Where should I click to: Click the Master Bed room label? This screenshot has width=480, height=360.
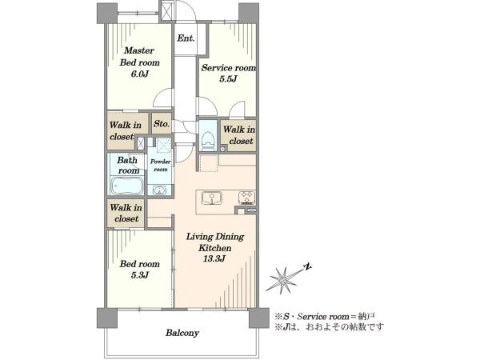point(139,62)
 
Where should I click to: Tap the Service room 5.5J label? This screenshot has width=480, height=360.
point(228,74)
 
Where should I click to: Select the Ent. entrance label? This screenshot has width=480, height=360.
point(186,38)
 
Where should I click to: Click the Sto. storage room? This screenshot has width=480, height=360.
point(162,123)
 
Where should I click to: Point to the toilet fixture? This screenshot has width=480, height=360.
point(208,141)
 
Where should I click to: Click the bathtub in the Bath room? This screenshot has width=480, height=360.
point(127,186)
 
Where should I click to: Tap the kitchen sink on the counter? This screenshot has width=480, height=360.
point(212,198)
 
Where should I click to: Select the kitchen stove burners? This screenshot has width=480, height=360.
point(246,198)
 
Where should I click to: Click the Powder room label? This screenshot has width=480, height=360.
point(161,166)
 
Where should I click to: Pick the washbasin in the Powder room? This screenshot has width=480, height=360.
point(159,190)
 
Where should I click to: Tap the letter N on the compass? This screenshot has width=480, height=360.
point(307,267)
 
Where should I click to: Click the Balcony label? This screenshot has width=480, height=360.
point(182,333)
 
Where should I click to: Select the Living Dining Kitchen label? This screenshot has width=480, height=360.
point(215,242)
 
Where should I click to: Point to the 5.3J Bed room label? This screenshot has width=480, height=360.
point(139,270)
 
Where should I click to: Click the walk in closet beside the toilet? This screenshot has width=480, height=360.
point(238,135)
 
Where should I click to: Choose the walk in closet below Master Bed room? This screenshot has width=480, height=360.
point(126,130)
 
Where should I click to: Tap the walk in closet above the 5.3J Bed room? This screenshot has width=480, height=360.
point(126,213)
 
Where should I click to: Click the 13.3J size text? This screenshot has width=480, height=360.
point(214,259)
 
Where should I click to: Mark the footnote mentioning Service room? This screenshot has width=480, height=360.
point(325,316)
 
